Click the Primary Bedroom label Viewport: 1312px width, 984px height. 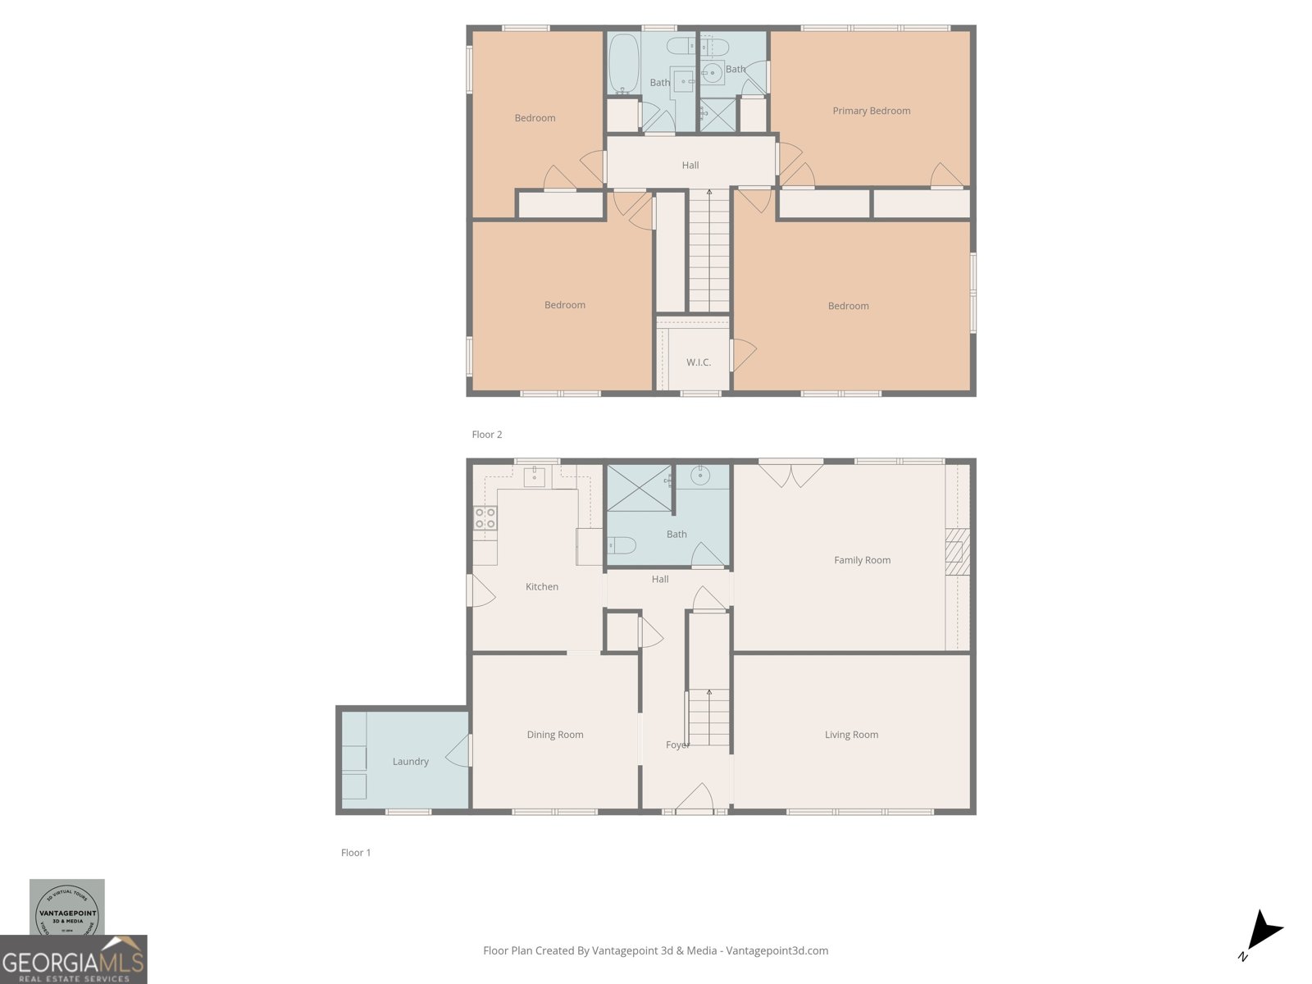(x=871, y=111)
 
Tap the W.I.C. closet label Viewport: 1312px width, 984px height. (x=699, y=362)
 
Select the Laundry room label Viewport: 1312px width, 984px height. (x=410, y=762)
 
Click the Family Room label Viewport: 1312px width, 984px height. (x=862, y=560)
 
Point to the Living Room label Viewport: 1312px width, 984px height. (x=851, y=735)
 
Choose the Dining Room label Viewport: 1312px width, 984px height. (x=555, y=735)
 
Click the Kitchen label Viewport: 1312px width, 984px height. (x=541, y=587)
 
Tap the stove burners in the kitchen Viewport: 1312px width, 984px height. (x=485, y=518)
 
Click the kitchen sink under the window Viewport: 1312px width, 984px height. (x=535, y=476)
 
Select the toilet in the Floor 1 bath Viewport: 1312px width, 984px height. (x=622, y=545)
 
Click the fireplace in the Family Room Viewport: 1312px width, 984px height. (x=956, y=551)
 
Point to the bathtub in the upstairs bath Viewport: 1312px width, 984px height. (x=624, y=64)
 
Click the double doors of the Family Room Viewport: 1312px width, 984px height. (x=790, y=474)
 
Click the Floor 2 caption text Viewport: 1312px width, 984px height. (x=486, y=435)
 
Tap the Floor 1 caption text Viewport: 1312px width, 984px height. (x=356, y=853)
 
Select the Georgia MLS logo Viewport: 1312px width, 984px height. (x=73, y=960)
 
